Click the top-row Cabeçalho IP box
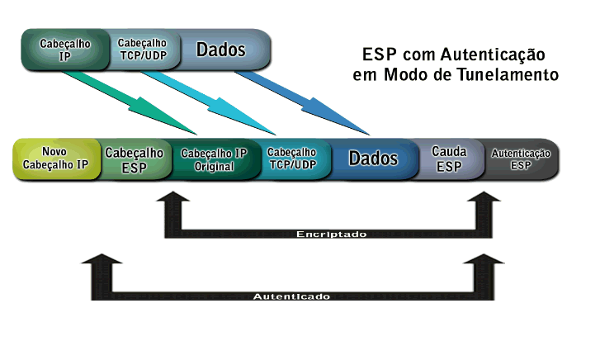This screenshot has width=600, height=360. [x=64, y=49]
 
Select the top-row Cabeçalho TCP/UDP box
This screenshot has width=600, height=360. [x=142, y=49]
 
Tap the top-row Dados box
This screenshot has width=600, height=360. [x=221, y=49]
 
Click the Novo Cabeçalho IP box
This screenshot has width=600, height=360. [x=55, y=158]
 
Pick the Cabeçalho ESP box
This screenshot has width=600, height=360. [x=134, y=158]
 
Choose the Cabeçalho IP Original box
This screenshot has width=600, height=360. [x=214, y=159]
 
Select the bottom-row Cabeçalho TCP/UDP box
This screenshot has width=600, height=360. [x=292, y=158]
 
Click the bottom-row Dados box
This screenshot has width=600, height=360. [x=373, y=158]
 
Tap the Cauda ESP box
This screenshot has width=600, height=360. [x=449, y=158]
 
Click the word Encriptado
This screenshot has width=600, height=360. [x=331, y=234]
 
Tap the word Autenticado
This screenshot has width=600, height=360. [x=291, y=296]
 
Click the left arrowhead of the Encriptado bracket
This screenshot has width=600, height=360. [x=172, y=202]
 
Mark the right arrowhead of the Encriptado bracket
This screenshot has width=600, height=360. [x=486, y=202]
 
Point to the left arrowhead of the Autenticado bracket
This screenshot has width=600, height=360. [x=98, y=263]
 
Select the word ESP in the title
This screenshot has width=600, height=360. [x=379, y=55]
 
